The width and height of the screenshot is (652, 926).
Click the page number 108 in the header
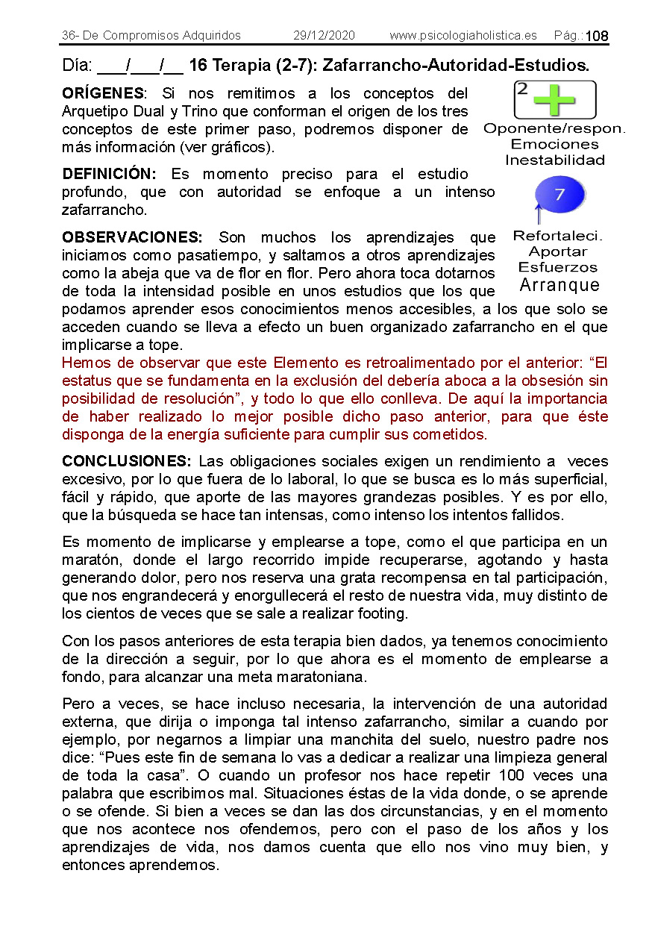[x=597, y=36]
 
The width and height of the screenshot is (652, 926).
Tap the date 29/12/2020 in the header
[x=324, y=35]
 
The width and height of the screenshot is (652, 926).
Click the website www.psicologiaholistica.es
[x=463, y=35]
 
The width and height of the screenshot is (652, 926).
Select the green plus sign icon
[x=554, y=100]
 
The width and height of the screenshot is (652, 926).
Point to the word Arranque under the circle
[x=559, y=285]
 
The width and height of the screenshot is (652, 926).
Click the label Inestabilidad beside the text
[x=554, y=160]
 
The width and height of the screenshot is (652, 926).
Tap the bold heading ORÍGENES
[x=103, y=93]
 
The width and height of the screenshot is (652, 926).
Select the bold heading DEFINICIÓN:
[x=109, y=174]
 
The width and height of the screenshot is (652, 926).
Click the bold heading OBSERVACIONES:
[x=132, y=237]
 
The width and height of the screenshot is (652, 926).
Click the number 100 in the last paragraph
[x=512, y=775]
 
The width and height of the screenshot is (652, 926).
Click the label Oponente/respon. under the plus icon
[x=554, y=128]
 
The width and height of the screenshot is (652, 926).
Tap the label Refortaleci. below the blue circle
[x=558, y=236]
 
